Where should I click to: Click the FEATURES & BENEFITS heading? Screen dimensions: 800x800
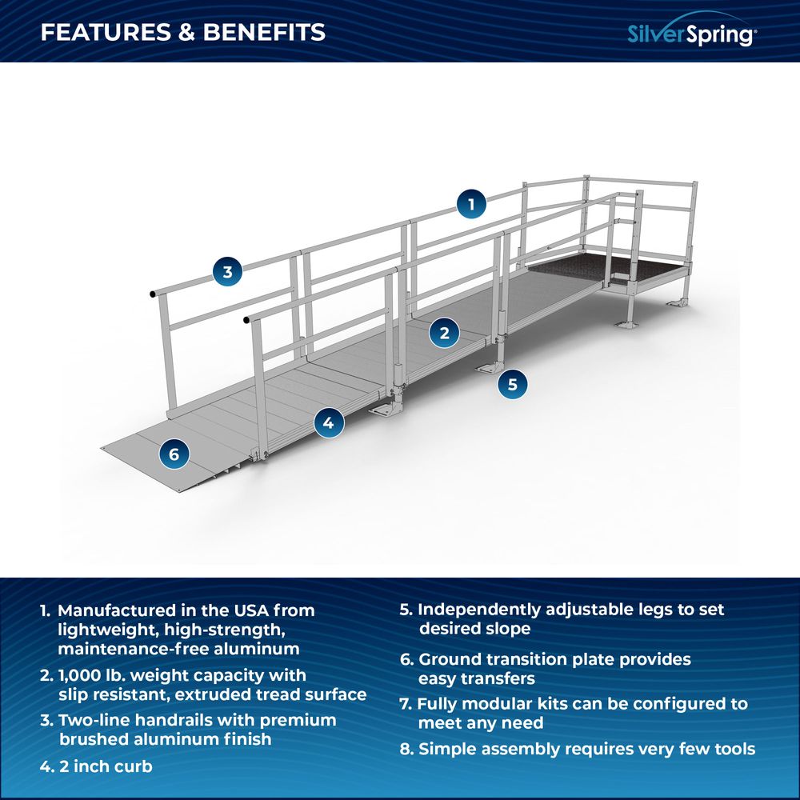pyautogui.click(x=183, y=32)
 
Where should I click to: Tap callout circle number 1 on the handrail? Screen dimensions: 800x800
pyautogui.click(x=471, y=204)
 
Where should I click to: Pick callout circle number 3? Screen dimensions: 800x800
pyautogui.click(x=227, y=272)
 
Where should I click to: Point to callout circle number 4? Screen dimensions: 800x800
pyautogui.click(x=328, y=422)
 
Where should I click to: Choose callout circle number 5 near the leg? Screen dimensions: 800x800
pyautogui.click(x=512, y=384)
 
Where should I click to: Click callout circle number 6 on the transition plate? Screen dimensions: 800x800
pyautogui.click(x=174, y=454)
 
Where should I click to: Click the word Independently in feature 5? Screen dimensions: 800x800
pyautogui.click(x=480, y=610)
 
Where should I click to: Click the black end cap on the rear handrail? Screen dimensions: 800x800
pyautogui.click(x=152, y=295)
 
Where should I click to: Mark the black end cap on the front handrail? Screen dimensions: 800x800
pyautogui.click(x=246, y=320)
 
